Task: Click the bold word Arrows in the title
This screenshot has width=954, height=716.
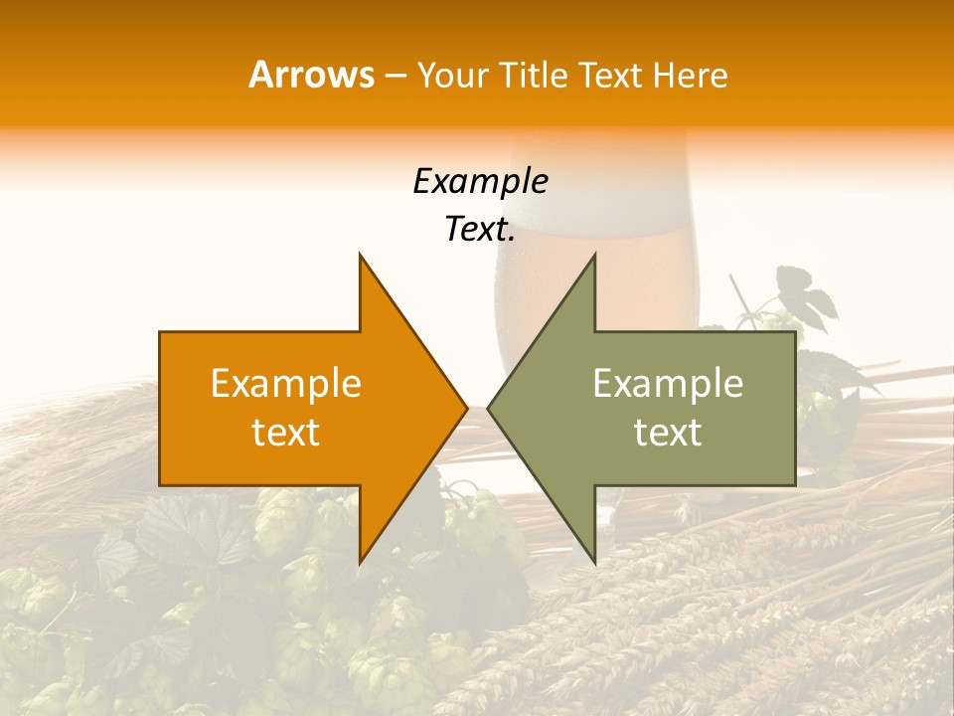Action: [x=312, y=75]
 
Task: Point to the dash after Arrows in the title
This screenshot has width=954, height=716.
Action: [x=396, y=76]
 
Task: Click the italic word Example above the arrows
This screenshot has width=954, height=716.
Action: [x=480, y=181]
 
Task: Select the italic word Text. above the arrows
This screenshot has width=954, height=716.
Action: [x=480, y=229]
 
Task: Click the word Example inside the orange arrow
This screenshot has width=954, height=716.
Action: [x=286, y=383]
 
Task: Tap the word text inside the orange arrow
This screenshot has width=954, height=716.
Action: [x=286, y=432]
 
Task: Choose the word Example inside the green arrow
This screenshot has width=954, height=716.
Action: [x=668, y=383]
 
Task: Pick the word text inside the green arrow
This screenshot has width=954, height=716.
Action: [x=668, y=432]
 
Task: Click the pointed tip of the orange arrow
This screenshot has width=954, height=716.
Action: [x=466, y=408]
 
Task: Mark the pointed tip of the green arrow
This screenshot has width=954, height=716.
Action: [x=489, y=408]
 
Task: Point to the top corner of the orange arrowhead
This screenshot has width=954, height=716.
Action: [x=360, y=255]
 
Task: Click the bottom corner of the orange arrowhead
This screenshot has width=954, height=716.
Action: [x=360, y=563]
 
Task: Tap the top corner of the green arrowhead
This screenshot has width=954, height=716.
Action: [x=594, y=255]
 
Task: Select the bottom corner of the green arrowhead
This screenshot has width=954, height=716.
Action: [x=594, y=563]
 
